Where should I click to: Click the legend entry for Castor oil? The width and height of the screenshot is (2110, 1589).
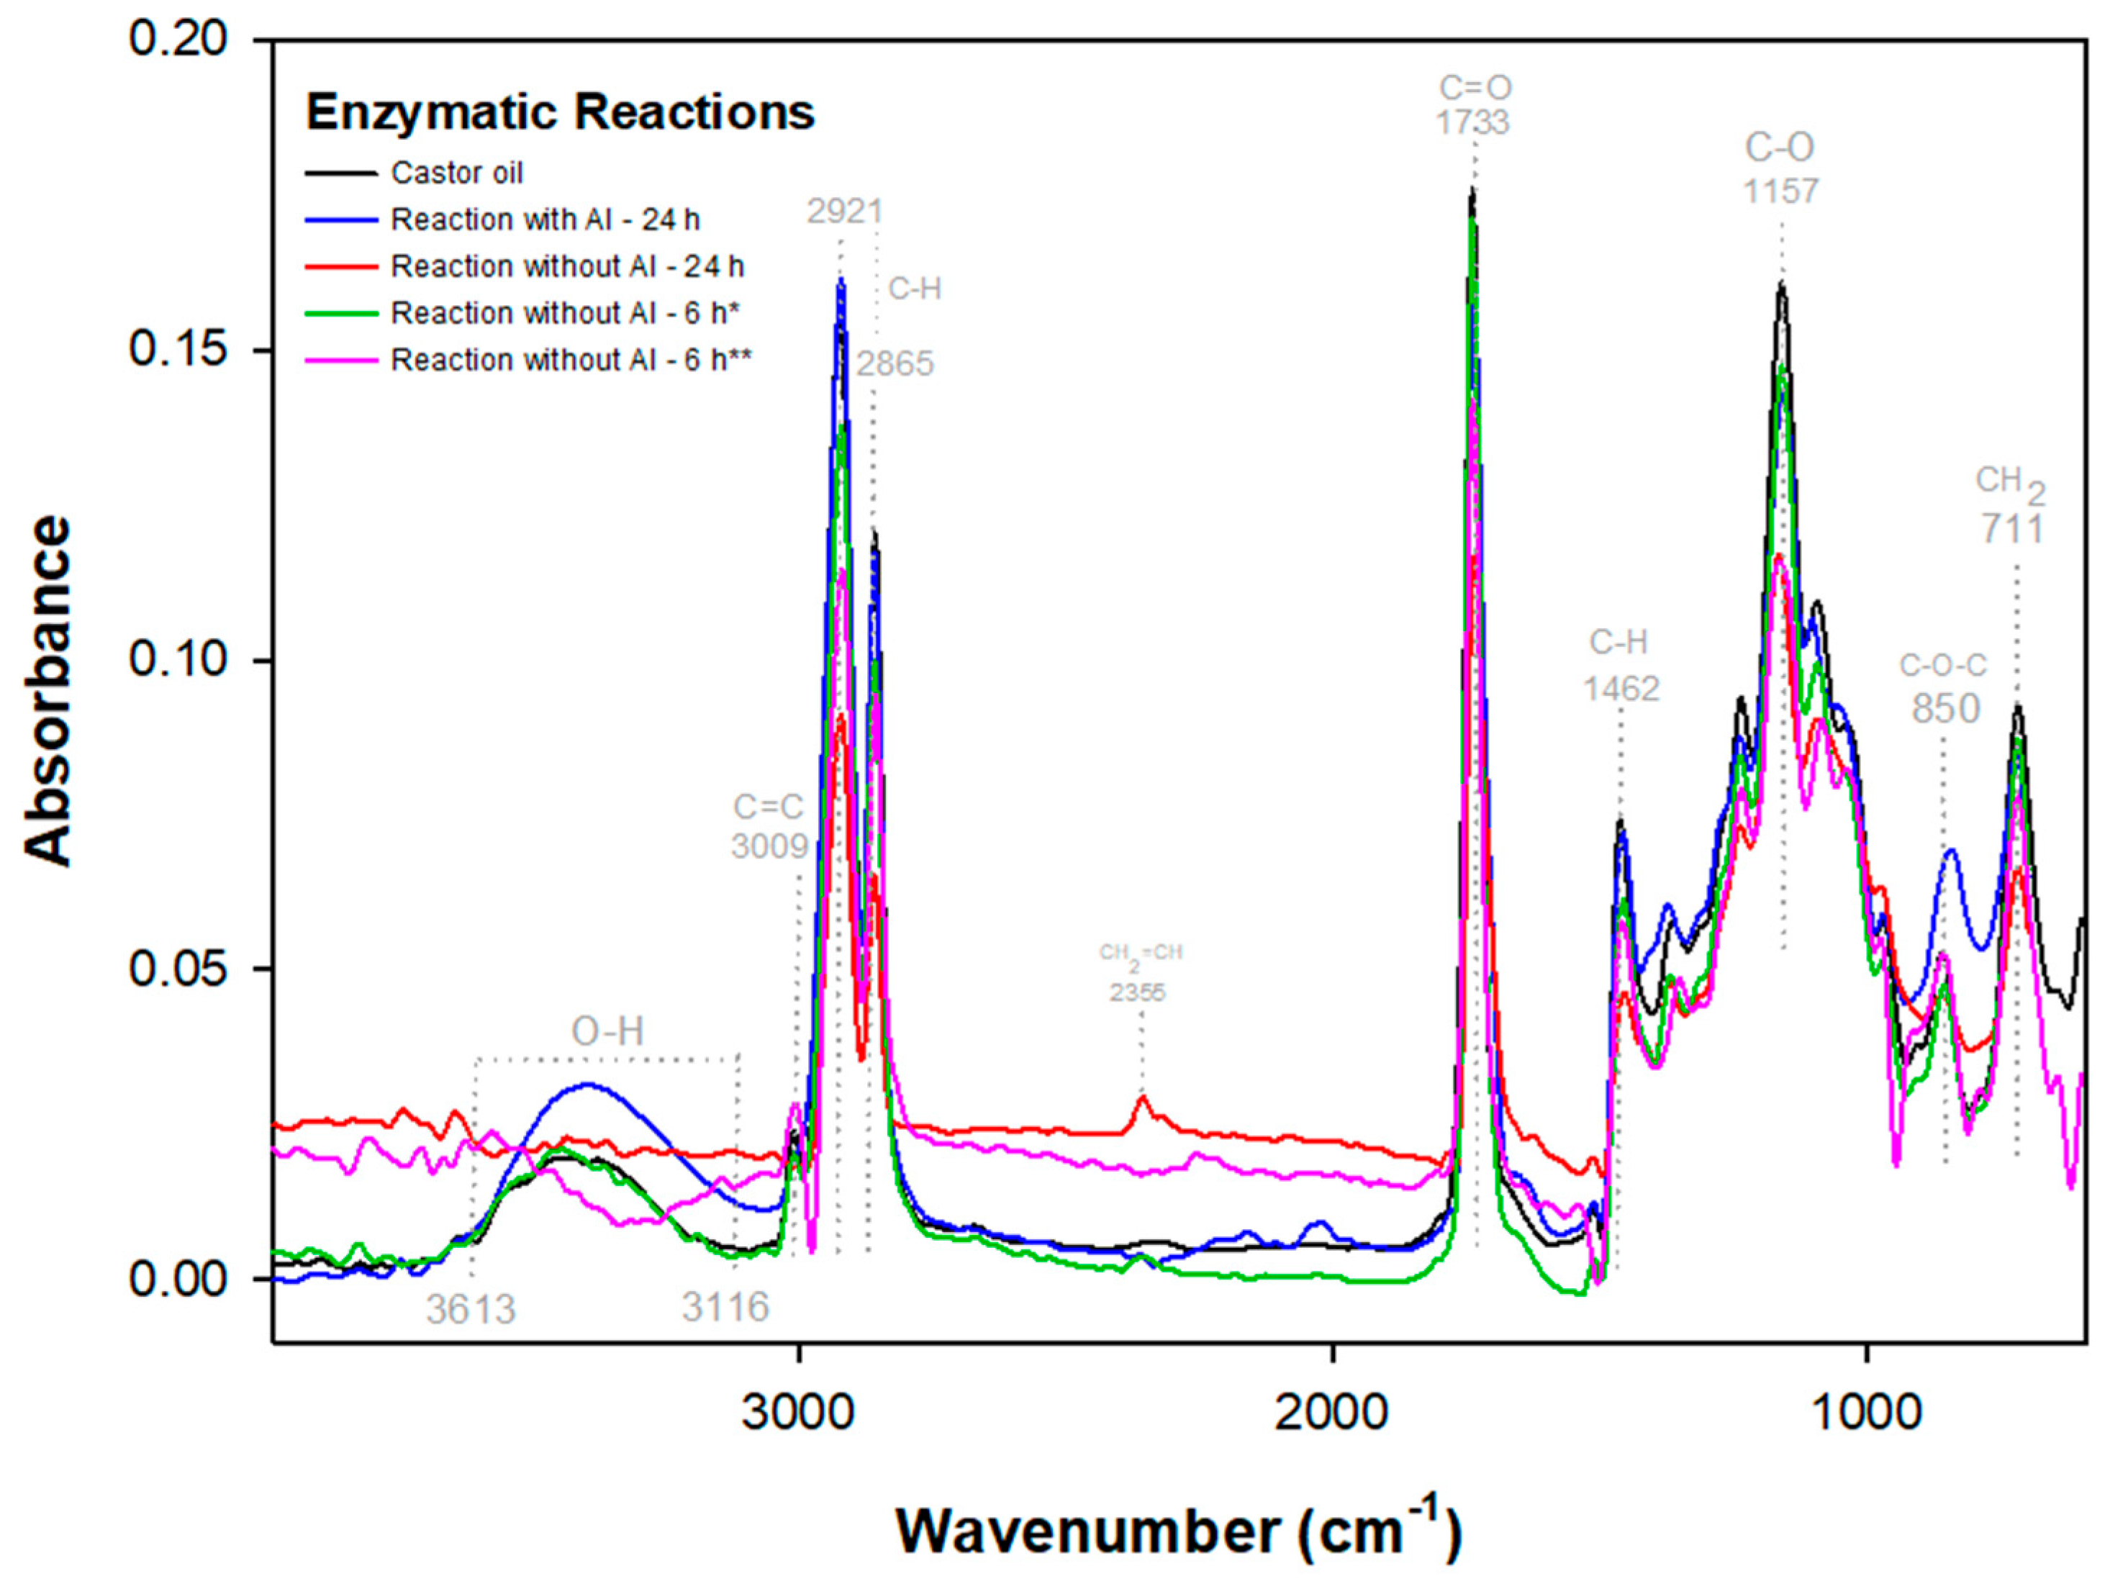click(x=456, y=173)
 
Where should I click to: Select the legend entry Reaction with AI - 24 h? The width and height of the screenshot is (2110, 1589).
click(x=545, y=220)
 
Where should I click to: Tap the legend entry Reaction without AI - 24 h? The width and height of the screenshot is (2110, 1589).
click(x=566, y=267)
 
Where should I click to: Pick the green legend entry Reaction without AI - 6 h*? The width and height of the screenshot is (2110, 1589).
click(x=566, y=314)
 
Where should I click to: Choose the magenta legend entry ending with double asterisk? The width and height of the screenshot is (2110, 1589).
click(x=571, y=361)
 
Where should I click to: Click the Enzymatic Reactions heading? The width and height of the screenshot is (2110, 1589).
click(x=560, y=112)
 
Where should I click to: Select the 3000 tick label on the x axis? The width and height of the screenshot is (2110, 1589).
click(x=798, y=1411)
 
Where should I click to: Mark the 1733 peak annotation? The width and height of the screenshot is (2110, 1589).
click(x=1473, y=123)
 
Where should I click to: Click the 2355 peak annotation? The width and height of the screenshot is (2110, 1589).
click(x=1137, y=993)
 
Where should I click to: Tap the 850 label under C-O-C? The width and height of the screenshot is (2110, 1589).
click(x=1945, y=709)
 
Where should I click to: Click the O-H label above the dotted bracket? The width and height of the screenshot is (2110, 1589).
click(x=607, y=1031)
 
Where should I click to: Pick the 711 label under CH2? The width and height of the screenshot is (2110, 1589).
click(x=2013, y=530)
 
